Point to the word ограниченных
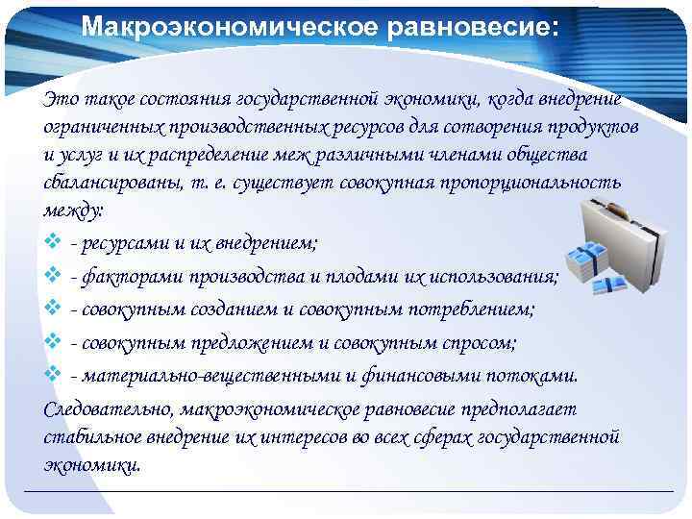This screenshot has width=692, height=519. tap(100, 128)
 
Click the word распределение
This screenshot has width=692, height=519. tap(222, 155)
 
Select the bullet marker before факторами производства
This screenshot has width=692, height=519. tap(53, 278)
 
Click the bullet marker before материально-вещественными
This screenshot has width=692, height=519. tap(53, 375)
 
